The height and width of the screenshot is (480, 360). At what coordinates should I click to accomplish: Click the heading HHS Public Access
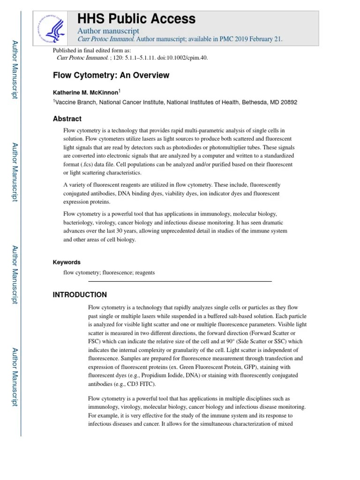click(136, 19)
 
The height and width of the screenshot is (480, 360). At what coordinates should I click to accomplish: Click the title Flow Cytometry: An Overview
click(111, 75)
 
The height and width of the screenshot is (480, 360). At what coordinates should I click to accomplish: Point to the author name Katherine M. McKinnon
click(86, 93)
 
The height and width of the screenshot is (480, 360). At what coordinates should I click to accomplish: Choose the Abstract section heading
click(67, 119)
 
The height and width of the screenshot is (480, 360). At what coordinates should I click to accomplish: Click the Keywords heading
click(67, 262)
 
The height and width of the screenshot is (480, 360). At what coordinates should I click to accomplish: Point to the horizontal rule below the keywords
click(180, 281)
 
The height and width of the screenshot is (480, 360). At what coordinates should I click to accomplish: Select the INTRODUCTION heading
click(80, 295)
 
